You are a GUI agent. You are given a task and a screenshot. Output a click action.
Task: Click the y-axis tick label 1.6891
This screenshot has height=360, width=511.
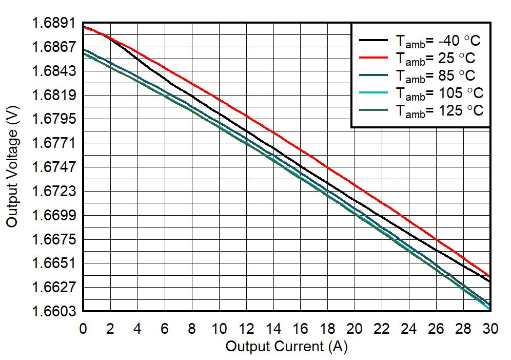tap(53, 24)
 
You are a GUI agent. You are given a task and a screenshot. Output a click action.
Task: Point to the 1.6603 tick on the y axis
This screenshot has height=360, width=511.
tap(53, 312)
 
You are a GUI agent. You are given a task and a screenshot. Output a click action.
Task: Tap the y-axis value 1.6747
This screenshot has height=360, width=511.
tap(53, 167)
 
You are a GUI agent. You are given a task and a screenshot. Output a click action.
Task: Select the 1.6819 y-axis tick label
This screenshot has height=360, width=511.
tap(53, 96)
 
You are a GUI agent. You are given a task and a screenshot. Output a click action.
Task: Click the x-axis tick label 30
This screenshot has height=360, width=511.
tap(490, 329)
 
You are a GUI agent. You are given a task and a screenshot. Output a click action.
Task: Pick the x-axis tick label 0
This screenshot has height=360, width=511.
tap(83, 329)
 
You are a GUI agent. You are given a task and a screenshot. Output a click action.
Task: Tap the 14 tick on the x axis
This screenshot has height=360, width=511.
tap(273, 329)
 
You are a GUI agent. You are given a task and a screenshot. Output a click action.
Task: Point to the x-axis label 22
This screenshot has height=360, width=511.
tap(382, 329)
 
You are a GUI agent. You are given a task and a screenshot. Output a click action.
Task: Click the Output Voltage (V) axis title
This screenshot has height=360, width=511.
tap(13, 167)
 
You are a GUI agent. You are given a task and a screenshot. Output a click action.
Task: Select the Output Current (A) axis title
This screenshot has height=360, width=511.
tap(286, 347)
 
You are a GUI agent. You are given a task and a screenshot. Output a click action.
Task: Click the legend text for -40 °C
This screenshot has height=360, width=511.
tap(439, 41)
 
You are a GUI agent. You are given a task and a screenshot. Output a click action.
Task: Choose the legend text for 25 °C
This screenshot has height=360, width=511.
tap(435, 58)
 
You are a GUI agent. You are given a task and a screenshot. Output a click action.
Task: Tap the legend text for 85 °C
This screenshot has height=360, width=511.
tap(435, 75)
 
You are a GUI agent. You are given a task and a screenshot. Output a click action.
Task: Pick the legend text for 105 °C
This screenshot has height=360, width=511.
tap(439, 93)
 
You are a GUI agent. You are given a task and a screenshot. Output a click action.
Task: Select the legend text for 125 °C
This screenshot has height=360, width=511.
tap(439, 110)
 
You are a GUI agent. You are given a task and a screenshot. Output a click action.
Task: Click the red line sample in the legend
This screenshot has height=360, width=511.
tap(374, 56)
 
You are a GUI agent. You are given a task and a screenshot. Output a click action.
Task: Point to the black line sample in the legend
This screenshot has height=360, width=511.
tap(374, 39)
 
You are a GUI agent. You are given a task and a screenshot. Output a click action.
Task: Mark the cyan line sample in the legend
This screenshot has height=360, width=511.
tap(374, 91)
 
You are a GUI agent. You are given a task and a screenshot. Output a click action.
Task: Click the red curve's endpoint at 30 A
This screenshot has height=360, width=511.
tap(490, 277)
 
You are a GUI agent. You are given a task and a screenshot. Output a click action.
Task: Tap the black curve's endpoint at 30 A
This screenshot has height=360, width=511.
tap(490, 282)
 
